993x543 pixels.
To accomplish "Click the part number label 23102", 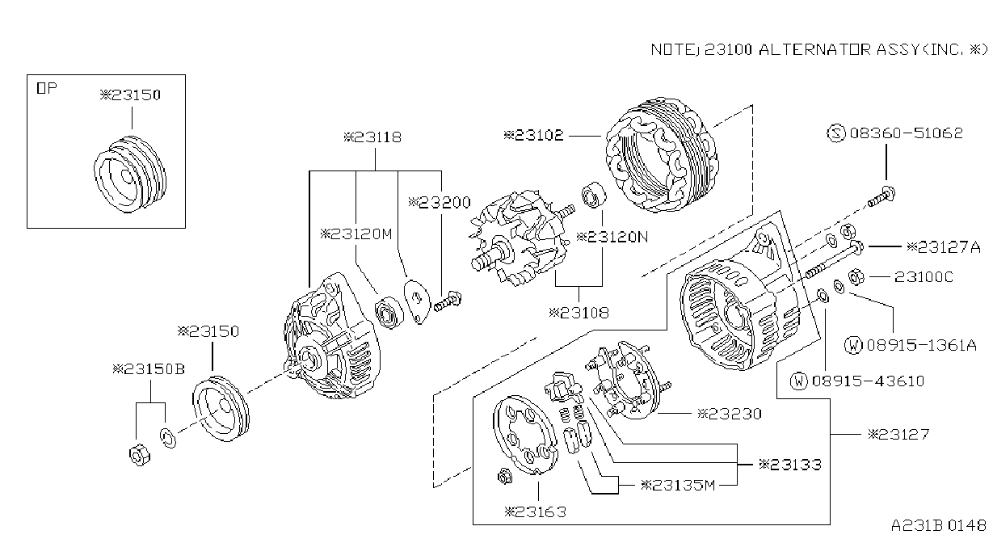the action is click(x=534, y=135).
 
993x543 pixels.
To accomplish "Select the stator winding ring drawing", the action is click(x=663, y=154).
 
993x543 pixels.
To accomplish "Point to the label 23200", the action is click(x=440, y=203).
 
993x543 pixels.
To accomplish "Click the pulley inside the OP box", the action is click(x=130, y=175).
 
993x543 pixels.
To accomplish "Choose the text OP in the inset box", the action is click(x=47, y=88).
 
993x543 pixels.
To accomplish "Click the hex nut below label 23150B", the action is click(x=139, y=455).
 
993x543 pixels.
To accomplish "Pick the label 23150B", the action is click(x=149, y=369).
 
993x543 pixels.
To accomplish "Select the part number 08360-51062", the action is click(x=907, y=133).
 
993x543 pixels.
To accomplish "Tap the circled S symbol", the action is click(x=836, y=133).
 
